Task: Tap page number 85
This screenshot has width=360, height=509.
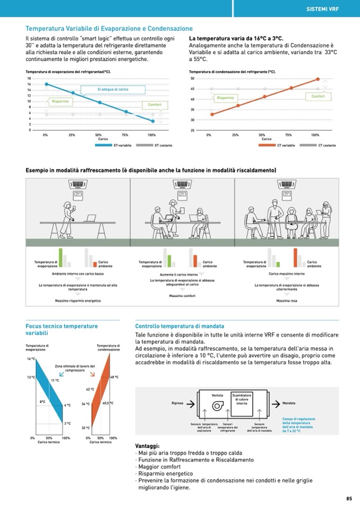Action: click(x=349, y=498)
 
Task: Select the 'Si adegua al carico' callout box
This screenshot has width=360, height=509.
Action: click(x=113, y=89)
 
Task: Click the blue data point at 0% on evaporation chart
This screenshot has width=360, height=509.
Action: click(x=46, y=84)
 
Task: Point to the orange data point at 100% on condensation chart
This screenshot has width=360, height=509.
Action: click(x=318, y=79)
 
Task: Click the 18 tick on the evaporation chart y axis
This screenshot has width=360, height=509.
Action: click(x=29, y=79)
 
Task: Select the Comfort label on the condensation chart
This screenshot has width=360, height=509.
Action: click(x=318, y=96)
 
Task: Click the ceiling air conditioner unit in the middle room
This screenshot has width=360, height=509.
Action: click(x=183, y=184)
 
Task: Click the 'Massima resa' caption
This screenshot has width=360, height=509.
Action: click(x=286, y=301)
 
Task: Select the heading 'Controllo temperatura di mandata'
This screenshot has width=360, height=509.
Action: click(x=179, y=326)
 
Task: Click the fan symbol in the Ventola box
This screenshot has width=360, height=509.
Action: click(x=218, y=406)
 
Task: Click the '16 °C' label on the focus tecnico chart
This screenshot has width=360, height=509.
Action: click(x=31, y=359)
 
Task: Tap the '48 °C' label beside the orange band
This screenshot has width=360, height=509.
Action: click(x=114, y=377)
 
